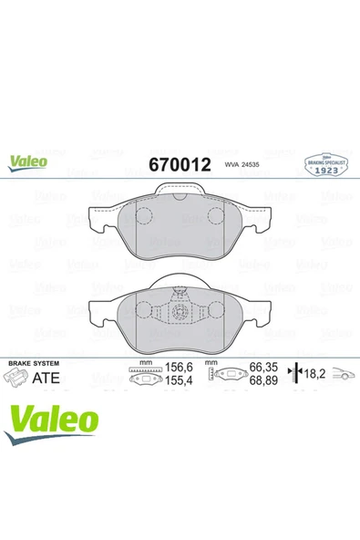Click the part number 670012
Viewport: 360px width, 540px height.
point(180,165)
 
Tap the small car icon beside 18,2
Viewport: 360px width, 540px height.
point(341,375)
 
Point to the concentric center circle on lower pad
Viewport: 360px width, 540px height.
point(179,308)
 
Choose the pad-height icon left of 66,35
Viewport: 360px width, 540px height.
point(217,375)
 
